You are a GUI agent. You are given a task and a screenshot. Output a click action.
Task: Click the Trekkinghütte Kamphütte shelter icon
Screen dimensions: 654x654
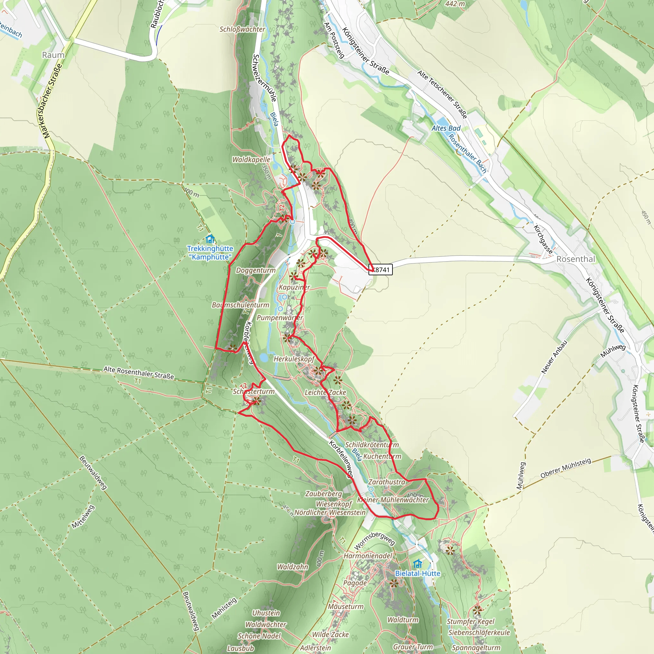[x=210, y=239]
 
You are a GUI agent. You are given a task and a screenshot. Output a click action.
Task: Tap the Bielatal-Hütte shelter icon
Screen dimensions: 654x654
[x=418, y=564]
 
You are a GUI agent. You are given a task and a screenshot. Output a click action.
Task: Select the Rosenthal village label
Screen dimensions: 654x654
[x=575, y=259]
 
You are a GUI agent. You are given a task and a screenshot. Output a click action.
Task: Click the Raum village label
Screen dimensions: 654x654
[x=53, y=55]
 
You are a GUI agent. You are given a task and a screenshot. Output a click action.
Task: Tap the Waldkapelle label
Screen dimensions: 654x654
[x=251, y=159]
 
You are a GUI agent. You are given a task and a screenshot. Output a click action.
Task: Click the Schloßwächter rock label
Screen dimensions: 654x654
[x=242, y=29]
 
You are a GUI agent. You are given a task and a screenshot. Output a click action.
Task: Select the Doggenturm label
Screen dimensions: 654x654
[x=255, y=270]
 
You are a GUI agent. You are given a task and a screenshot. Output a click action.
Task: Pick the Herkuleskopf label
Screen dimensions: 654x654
[x=294, y=359]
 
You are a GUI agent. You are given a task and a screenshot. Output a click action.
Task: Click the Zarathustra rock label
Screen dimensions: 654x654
[x=387, y=482]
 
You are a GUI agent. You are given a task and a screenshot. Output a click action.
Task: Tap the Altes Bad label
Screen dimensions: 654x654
[x=446, y=128]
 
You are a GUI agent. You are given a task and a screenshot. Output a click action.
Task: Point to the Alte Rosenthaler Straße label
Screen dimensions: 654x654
[x=139, y=372]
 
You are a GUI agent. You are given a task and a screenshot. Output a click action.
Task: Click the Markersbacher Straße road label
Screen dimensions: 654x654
[x=52, y=101]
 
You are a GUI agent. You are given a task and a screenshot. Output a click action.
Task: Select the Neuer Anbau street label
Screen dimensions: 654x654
[x=554, y=357]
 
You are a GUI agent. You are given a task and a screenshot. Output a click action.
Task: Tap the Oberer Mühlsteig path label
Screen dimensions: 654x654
[x=565, y=468]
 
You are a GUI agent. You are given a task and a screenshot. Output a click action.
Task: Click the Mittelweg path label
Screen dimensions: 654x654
[x=83, y=517]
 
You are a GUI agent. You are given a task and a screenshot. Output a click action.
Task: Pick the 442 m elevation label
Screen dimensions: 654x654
[x=455, y=4]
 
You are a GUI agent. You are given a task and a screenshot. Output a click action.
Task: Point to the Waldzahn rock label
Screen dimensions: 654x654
[x=293, y=567]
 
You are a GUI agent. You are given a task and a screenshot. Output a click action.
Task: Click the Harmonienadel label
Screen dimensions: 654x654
[x=368, y=556]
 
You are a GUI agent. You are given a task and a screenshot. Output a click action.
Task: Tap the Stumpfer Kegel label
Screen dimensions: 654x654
[x=470, y=621]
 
